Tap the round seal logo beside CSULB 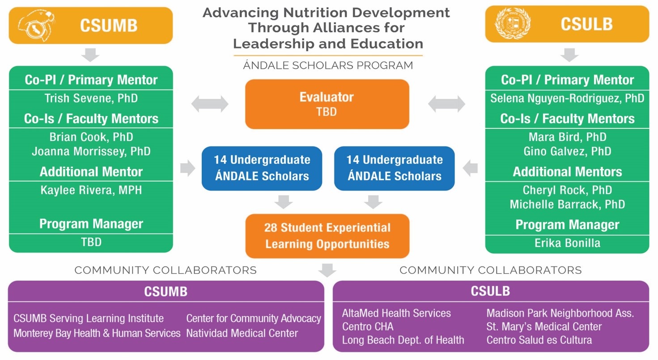(x=512, y=24)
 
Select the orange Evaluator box (x=327, y=104)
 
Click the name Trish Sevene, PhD (x=91, y=98)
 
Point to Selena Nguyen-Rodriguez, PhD (x=567, y=98)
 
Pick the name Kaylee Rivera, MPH (x=91, y=190)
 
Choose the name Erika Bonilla (x=567, y=243)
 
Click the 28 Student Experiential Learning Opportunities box (x=327, y=236)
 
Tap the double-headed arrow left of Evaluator (x=210, y=104)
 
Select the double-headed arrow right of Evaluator (x=446, y=104)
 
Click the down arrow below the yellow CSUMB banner (x=91, y=55)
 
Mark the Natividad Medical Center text (x=242, y=333)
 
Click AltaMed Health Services (x=396, y=313)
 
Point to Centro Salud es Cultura (x=539, y=340)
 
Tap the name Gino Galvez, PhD (x=567, y=151)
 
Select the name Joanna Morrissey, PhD (x=91, y=151)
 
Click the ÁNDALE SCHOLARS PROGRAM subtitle (x=328, y=66)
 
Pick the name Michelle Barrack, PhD (x=567, y=204)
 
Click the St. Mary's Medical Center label (x=544, y=326)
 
